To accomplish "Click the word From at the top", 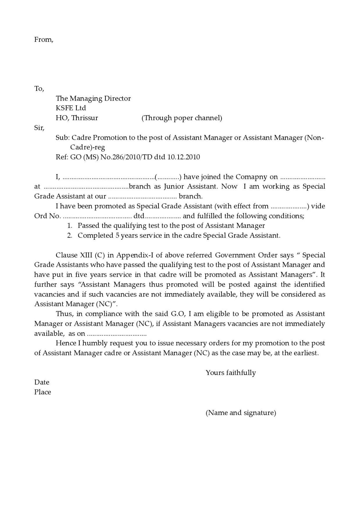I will [44, 39].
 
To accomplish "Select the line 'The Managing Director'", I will [93, 98].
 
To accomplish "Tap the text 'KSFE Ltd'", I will [71, 108].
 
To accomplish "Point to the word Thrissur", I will [84, 118].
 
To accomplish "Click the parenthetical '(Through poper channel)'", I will [181, 118].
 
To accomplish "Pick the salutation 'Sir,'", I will [39, 128].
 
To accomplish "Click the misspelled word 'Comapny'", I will [252, 177].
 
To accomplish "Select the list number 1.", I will [70, 226].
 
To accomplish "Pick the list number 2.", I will [70, 236].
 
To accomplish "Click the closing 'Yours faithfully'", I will [230, 372].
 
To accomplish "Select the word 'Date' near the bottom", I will [42, 382].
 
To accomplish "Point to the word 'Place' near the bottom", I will [43, 392].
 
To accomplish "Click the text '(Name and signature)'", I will [241, 413].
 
